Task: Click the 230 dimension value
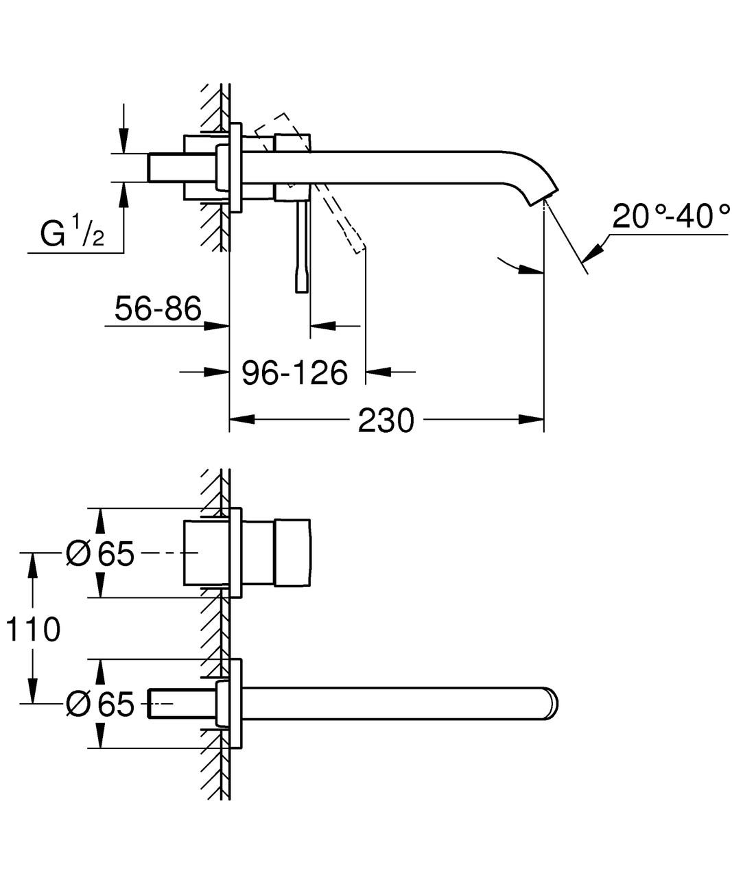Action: (x=386, y=420)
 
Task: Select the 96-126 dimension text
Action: (x=295, y=372)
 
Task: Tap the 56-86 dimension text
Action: (x=158, y=309)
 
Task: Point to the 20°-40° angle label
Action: (x=670, y=217)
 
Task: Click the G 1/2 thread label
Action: (x=72, y=235)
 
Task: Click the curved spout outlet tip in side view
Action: (x=542, y=195)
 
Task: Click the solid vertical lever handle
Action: (x=301, y=247)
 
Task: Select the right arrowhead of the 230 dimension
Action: (x=532, y=419)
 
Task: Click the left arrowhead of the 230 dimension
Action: (x=241, y=419)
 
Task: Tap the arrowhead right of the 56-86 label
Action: (x=218, y=325)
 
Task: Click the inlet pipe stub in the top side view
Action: (x=166, y=167)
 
